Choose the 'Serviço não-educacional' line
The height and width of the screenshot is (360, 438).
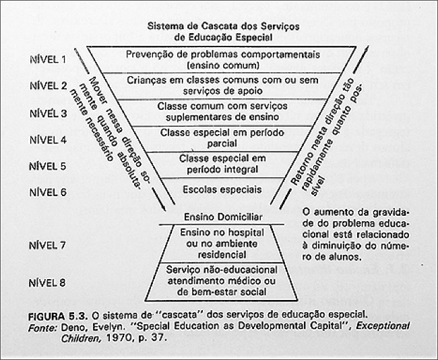pos(222,270)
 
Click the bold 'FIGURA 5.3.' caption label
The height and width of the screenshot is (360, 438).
pos(57,314)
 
